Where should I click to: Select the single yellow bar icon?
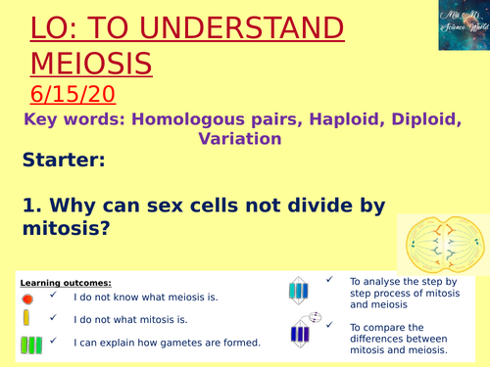click(25, 318)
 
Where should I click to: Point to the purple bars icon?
click(299, 334)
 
